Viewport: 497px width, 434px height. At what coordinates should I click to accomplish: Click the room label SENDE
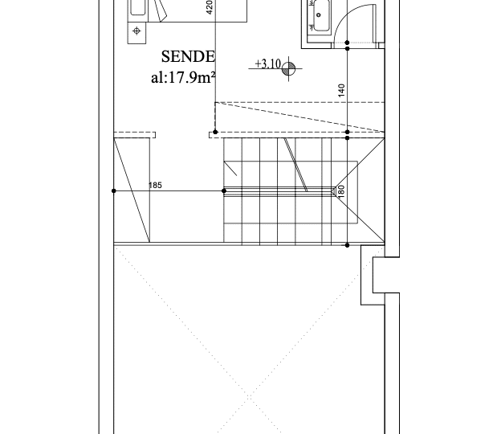[x=188, y=57]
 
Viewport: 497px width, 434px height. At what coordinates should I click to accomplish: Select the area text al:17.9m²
[x=183, y=77]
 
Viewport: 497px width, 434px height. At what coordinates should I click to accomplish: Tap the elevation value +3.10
[x=268, y=63]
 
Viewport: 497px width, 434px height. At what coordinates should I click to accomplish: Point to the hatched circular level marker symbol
[x=288, y=68]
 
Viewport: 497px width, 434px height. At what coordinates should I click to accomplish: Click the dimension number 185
[x=155, y=185]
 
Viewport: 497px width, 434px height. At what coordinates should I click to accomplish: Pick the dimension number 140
[x=341, y=90]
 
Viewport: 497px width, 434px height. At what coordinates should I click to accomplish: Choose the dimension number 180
[x=341, y=191]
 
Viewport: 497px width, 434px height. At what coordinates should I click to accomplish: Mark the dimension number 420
[x=210, y=7]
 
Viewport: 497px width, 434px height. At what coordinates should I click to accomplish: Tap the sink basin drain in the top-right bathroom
[x=319, y=14]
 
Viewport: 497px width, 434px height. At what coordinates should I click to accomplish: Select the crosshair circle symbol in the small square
[x=136, y=31]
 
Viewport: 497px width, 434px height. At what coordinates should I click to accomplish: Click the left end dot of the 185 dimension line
[x=114, y=191]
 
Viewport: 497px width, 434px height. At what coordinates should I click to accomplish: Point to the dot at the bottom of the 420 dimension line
[x=215, y=132]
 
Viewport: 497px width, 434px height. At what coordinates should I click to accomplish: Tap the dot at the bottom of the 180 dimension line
[x=348, y=245]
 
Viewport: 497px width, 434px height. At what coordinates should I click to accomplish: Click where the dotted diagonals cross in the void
[x=249, y=396]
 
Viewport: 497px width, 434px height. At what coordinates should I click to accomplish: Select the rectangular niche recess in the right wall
[x=381, y=275]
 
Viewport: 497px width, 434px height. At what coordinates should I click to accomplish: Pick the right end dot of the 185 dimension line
[x=224, y=191]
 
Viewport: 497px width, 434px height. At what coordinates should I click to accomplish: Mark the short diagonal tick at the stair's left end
[x=230, y=169]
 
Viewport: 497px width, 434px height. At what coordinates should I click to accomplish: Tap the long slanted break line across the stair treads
[x=295, y=165]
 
